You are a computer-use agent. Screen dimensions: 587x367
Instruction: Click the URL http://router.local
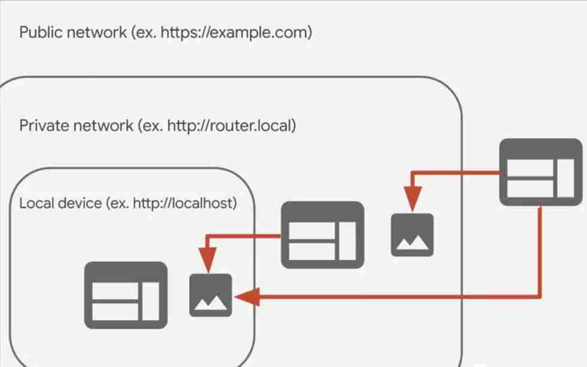pyautogui.click(x=229, y=126)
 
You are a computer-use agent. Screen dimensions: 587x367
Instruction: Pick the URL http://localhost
pyautogui.click(x=183, y=204)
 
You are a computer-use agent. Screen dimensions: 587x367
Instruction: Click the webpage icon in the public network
pyautogui.click(x=541, y=172)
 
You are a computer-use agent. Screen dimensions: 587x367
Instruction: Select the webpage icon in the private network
pyautogui.click(x=323, y=235)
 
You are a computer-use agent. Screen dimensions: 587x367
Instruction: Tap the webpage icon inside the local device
pyautogui.click(x=126, y=296)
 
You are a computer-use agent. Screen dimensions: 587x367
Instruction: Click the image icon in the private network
pyautogui.click(x=412, y=235)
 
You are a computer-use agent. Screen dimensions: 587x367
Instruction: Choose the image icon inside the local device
pyautogui.click(x=211, y=296)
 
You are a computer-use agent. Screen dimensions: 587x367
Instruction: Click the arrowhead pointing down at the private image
pyautogui.click(x=413, y=199)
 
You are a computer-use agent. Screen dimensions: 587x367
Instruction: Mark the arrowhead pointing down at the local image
pyautogui.click(x=208, y=260)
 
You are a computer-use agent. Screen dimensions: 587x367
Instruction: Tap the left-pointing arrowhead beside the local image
pyautogui.click(x=247, y=297)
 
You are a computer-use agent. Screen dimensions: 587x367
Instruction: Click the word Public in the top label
pyautogui.click(x=41, y=32)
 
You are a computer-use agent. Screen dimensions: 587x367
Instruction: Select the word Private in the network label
pyautogui.click(x=44, y=126)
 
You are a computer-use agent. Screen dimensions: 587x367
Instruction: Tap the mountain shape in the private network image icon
pyautogui.click(x=412, y=243)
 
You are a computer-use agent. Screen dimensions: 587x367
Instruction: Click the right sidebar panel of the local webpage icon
pyautogui.click(x=151, y=301)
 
